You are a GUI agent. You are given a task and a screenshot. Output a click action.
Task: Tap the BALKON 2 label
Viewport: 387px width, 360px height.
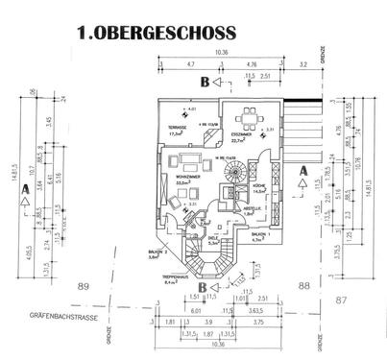158,254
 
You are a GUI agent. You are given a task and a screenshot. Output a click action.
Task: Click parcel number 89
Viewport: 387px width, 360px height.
84,285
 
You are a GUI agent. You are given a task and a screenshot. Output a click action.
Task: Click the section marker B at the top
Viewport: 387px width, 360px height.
204,83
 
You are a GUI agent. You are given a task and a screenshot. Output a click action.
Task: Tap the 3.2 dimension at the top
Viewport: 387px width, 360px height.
303,64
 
